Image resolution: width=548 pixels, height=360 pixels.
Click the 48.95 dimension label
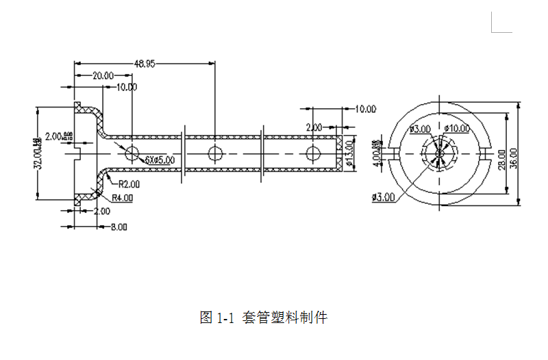point(145,64)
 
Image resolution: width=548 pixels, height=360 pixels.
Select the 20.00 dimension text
point(103,76)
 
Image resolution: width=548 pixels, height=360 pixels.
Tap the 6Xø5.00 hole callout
point(160,159)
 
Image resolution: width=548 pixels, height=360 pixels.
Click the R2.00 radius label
point(129,183)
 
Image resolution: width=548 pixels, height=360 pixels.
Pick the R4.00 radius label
point(122,198)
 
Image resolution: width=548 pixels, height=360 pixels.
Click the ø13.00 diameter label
point(349,153)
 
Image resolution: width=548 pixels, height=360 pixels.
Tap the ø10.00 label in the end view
point(457,128)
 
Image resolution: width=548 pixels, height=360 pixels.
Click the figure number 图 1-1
point(217,318)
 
